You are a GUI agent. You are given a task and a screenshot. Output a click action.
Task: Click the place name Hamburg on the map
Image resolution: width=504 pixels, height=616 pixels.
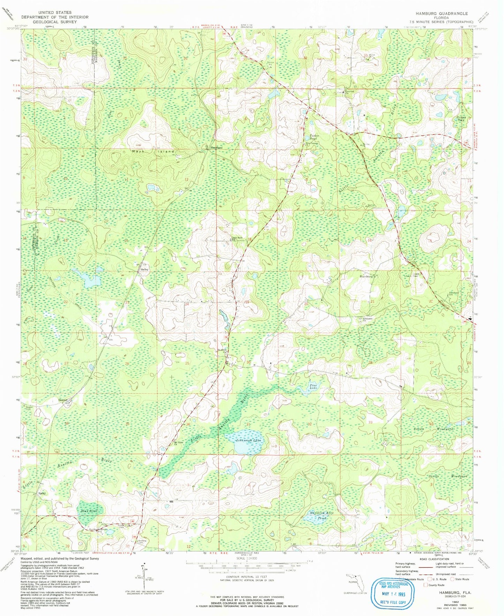click(x=367, y=276)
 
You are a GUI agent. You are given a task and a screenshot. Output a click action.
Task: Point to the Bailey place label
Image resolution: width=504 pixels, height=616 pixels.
click(x=145, y=269)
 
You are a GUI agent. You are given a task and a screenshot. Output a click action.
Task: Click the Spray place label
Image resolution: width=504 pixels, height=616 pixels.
click(x=42, y=494)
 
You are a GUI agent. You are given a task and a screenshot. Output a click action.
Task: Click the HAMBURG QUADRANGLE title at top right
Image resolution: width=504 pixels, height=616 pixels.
click(x=441, y=13)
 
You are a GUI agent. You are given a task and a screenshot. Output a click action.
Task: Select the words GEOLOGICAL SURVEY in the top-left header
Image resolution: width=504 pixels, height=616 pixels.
click(x=54, y=22)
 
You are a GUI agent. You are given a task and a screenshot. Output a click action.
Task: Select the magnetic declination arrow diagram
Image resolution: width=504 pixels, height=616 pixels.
click(x=144, y=578)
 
